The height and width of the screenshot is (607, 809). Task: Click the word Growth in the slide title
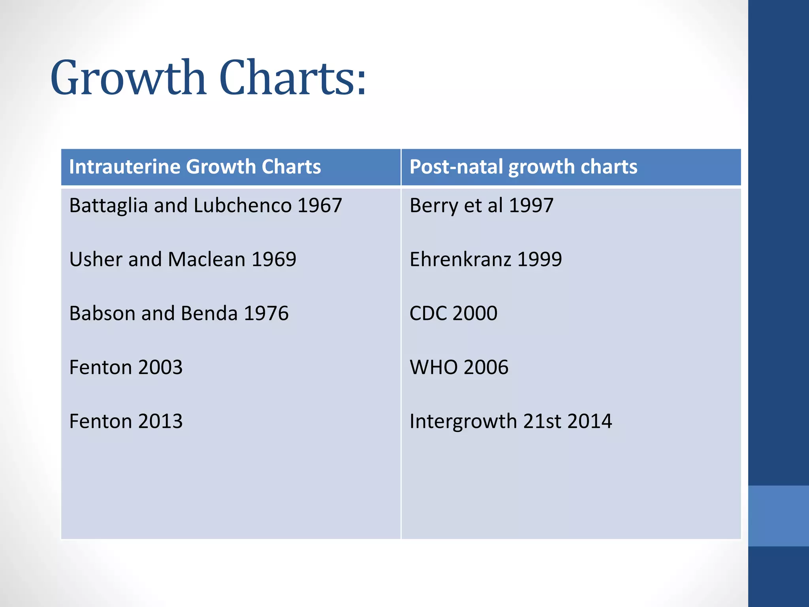click(x=128, y=78)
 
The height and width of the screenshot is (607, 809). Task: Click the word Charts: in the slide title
click(x=293, y=78)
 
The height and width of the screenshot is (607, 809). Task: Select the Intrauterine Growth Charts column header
click(x=195, y=167)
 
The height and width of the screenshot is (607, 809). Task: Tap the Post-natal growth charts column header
click(x=523, y=167)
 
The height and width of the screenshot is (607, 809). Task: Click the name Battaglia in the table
click(x=108, y=206)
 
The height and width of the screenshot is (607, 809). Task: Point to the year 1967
click(x=320, y=206)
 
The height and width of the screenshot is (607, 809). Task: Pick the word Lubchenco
click(x=243, y=206)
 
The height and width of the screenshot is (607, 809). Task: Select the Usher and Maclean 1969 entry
click(x=182, y=260)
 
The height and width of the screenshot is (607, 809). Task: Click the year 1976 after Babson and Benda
click(x=266, y=313)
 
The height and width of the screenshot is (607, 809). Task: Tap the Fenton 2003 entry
click(x=126, y=367)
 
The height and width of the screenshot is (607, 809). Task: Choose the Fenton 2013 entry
click(x=126, y=421)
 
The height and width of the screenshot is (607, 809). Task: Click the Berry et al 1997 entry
click(x=481, y=206)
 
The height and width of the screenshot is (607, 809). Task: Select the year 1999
click(x=539, y=260)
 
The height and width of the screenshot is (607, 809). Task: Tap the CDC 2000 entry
click(x=453, y=313)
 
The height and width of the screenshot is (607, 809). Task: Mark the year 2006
click(x=486, y=367)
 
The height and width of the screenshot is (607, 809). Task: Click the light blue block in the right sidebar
click(x=778, y=516)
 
